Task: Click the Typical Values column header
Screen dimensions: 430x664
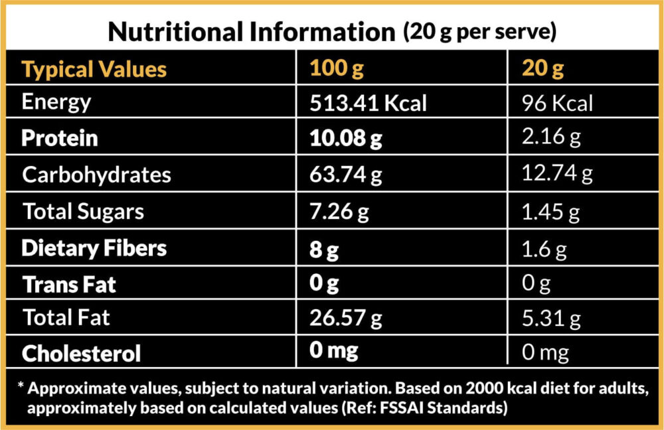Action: (94, 69)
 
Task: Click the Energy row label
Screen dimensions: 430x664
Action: (56, 102)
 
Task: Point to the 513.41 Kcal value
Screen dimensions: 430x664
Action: (368, 104)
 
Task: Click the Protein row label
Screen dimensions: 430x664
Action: (60, 138)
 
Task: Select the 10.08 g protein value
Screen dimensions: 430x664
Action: (347, 139)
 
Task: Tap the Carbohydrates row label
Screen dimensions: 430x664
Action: (96, 175)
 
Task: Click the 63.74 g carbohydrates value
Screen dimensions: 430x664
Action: (347, 175)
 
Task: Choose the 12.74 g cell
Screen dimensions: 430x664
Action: (558, 175)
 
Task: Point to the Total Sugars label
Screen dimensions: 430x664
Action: (83, 212)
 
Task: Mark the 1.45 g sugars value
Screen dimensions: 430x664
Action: (551, 212)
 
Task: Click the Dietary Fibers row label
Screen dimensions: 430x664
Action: (94, 248)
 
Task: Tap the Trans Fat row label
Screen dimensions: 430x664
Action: (69, 285)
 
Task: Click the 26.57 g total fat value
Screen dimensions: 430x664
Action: (347, 319)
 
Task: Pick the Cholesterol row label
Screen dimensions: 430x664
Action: (81, 353)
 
